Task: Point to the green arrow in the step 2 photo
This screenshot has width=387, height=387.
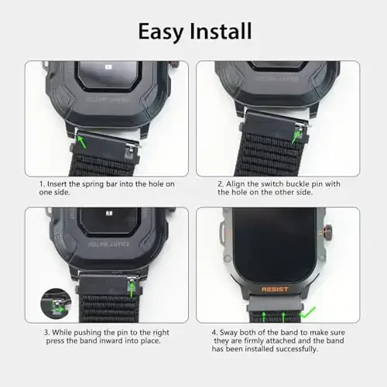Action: pos(295,135)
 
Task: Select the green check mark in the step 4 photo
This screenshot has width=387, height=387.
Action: pos(310,313)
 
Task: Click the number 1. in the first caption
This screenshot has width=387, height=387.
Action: pos(43,183)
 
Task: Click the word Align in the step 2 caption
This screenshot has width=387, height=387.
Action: pos(234,183)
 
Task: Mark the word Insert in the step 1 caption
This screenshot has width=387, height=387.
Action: pos(59,183)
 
